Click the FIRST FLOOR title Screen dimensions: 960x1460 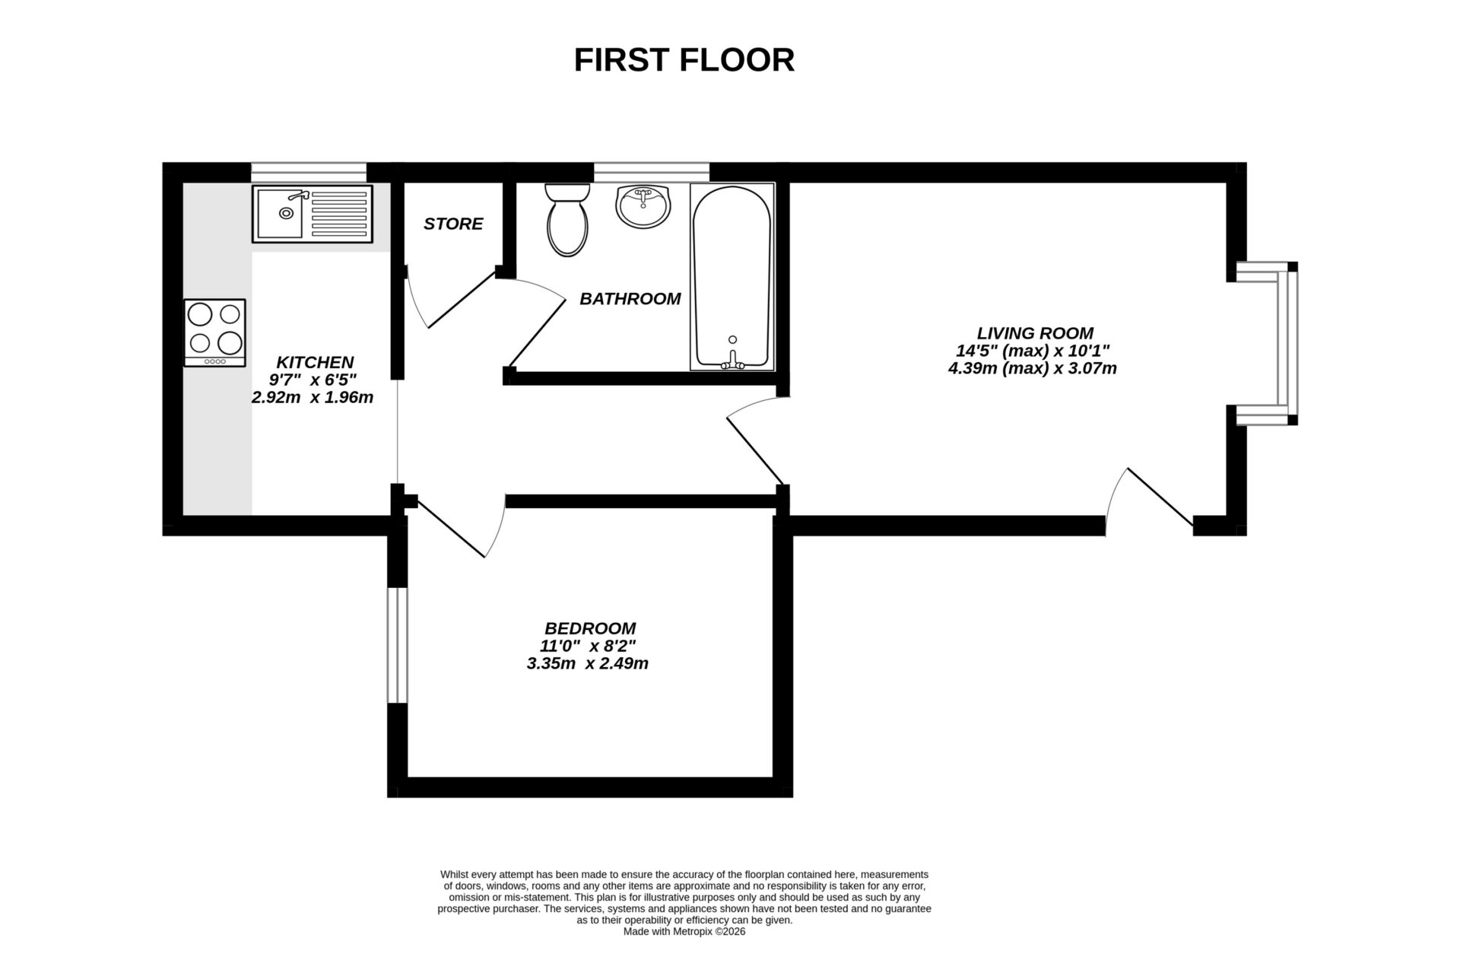(x=684, y=60)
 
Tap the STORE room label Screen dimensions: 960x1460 (x=453, y=224)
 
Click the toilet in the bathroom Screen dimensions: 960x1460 (x=567, y=221)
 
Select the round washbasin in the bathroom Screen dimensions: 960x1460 (x=643, y=205)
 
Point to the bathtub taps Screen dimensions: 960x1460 (x=732, y=361)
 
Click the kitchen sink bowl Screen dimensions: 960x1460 (x=280, y=213)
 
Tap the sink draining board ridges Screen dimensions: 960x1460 (x=339, y=214)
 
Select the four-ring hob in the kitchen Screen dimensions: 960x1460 (x=214, y=332)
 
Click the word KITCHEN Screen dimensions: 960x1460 (x=315, y=362)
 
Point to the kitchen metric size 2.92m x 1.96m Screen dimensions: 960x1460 (x=313, y=397)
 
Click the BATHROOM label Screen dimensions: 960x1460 (x=630, y=299)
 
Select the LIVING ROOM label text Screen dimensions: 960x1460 (x=1035, y=333)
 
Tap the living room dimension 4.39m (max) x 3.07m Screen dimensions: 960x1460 (x=1032, y=369)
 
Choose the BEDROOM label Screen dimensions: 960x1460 (x=590, y=628)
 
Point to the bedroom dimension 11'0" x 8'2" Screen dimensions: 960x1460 (x=588, y=646)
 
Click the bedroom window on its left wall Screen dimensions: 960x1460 (x=398, y=645)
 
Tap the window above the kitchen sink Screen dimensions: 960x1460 (x=308, y=172)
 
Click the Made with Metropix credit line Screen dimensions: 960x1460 (x=684, y=931)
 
